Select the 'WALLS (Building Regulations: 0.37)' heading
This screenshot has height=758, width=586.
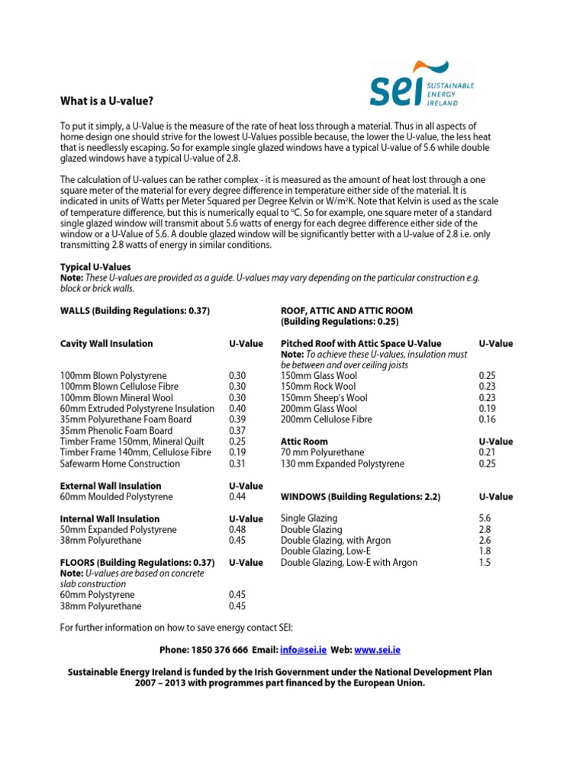134,310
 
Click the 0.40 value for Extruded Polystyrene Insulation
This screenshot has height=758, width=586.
240,409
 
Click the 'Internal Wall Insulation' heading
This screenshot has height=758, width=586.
110,519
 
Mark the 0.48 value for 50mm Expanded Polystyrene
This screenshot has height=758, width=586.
240,530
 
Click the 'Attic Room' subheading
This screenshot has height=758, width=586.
304,442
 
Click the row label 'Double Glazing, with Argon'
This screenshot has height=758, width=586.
336,541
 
